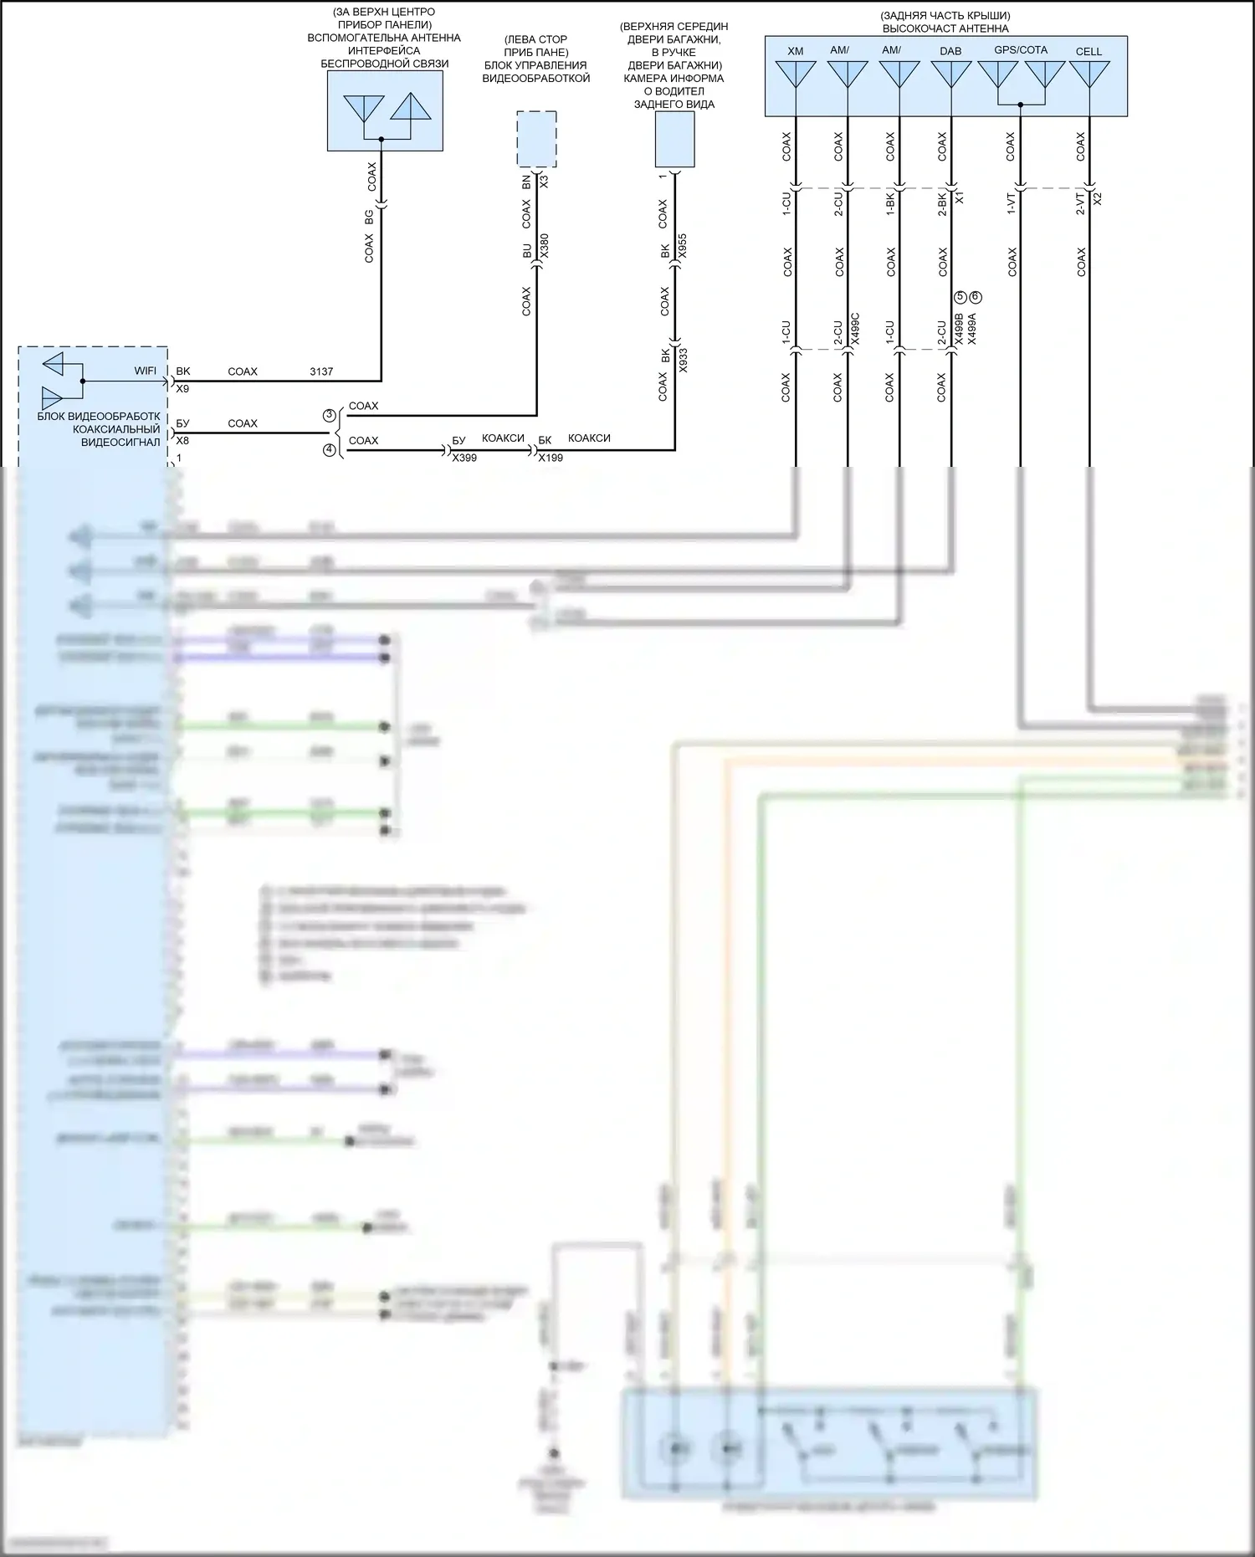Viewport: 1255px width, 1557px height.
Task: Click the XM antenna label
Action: pyautogui.click(x=795, y=51)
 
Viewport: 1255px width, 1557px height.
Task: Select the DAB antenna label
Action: pyautogui.click(x=950, y=51)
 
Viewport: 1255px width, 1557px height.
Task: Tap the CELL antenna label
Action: pyautogui.click(x=1089, y=52)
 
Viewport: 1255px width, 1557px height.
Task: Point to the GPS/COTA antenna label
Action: pyautogui.click(x=1021, y=50)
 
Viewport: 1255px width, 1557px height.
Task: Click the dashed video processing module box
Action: pyautogui.click(x=536, y=139)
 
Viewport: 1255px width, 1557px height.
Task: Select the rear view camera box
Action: pyautogui.click(x=674, y=139)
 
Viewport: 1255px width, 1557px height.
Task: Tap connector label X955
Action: pyautogui.click(x=682, y=246)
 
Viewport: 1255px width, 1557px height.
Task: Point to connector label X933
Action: pyautogui.click(x=683, y=360)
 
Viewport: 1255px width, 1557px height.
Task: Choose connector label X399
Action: pyautogui.click(x=464, y=458)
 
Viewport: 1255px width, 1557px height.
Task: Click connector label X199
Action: pyautogui.click(x=551, y=458)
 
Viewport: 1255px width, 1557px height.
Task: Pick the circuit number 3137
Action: pyautogui.click(x=321, y=371)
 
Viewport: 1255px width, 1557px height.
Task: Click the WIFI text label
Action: pyautogui.click(x=146, y=371)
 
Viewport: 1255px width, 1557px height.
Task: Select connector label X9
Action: pyautogui.click(x=182, y=389)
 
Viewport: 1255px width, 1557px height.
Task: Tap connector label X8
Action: pyautogui.click(x=182, y=441)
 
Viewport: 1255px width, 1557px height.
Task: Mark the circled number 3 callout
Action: pyautogui.click(x=330, y=416)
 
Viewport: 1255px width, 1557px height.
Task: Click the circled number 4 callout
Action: pyautogui.click(x=330, y=450)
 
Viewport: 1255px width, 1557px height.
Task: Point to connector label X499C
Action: pyautogui.click(x=855, y=330)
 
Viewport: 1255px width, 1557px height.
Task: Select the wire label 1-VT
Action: pyautogui.click(x=1011, y=203)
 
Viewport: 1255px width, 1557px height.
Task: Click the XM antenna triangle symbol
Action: pyautogui.click(x=795, y=74)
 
